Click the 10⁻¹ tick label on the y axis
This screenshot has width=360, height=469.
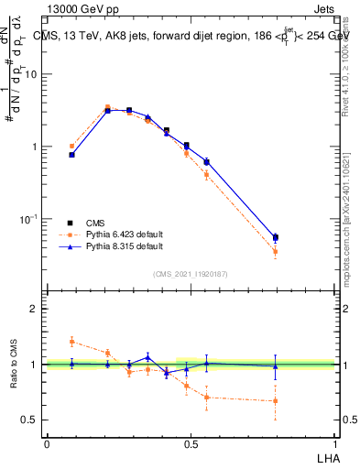[x=29, y=219]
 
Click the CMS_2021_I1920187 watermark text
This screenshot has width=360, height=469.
[x=191, y=274]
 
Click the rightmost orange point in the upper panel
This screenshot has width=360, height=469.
[x=276, y=251]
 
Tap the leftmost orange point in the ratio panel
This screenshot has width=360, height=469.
[x=72, y=341]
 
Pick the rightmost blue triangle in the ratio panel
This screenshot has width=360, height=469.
[x=276, y=366]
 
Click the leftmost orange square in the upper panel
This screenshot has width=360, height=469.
[x=72, y=146]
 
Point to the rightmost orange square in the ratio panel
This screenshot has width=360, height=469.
[x=276, y=401]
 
